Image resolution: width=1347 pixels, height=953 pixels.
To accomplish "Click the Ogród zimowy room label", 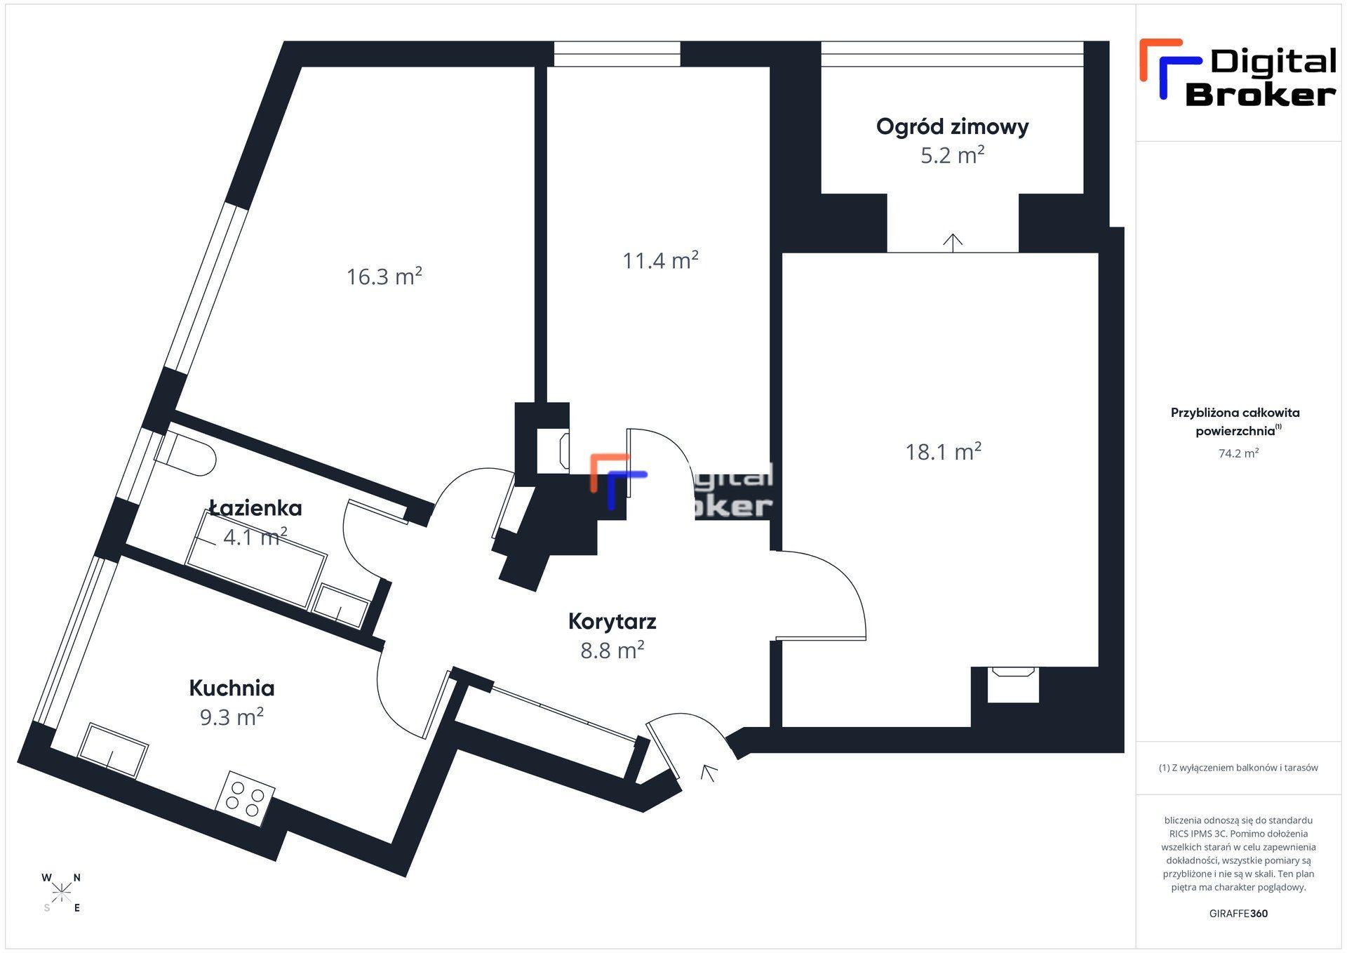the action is (952, 127).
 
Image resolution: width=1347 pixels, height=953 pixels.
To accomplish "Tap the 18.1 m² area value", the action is (943, 451).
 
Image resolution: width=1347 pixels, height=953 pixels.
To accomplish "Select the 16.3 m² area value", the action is (384, 276).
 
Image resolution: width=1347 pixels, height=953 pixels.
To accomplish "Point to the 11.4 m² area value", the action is (660, 260).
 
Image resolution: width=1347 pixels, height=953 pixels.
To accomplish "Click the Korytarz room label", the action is (612, 621).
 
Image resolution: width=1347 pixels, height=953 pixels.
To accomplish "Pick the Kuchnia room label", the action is (232, 688).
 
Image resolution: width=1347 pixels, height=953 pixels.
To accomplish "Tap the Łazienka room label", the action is (255, 507).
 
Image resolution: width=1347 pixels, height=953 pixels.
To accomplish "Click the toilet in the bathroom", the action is (184, 455).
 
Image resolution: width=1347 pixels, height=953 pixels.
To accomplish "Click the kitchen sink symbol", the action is (113, 750).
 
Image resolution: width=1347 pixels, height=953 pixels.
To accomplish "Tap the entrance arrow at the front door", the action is (709, 772).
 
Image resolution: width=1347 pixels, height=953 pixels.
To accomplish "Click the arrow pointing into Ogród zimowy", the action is (952, 243).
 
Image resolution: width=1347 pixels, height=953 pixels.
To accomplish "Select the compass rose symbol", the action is (62, 892).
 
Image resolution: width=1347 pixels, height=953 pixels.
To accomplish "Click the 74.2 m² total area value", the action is (1238, 453).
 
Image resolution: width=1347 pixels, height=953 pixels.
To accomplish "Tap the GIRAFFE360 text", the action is (1238, 914).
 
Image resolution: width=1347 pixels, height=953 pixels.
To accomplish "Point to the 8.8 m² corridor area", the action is (612, 651).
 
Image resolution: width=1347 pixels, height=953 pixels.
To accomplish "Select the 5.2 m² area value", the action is (952, 155).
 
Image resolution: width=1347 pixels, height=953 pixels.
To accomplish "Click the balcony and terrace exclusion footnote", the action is (1238, 768).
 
